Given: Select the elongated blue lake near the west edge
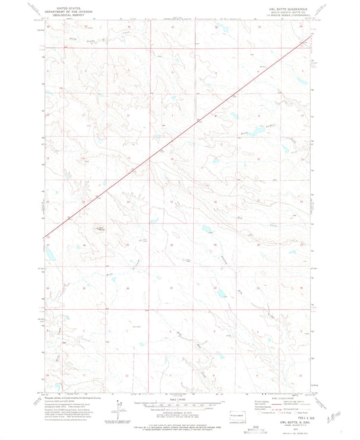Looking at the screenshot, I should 49,254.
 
